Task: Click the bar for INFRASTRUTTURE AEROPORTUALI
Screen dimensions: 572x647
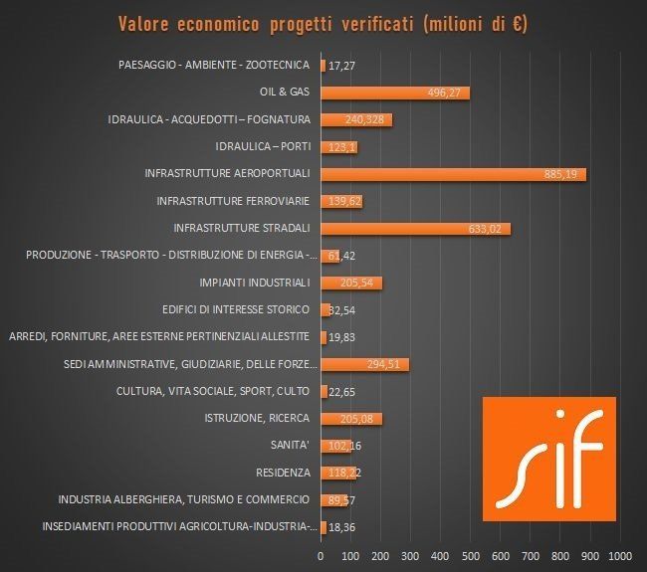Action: [453, 174]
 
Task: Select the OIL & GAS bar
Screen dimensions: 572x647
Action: [394, 93]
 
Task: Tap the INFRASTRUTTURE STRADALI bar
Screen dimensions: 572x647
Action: [415, 229]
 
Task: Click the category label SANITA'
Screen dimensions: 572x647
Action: [291, 445]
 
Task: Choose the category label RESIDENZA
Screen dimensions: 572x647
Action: [282, 472]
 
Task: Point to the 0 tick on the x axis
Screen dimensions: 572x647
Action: [321, 553]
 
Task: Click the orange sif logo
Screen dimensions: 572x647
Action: [548, 457]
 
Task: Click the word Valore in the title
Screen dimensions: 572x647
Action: [147, 23]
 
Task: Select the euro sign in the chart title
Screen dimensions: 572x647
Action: [515, 23]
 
